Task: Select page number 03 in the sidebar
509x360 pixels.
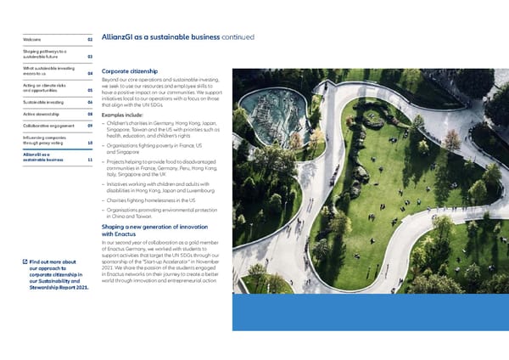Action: (89, 58)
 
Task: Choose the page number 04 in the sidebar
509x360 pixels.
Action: (89, 74)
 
